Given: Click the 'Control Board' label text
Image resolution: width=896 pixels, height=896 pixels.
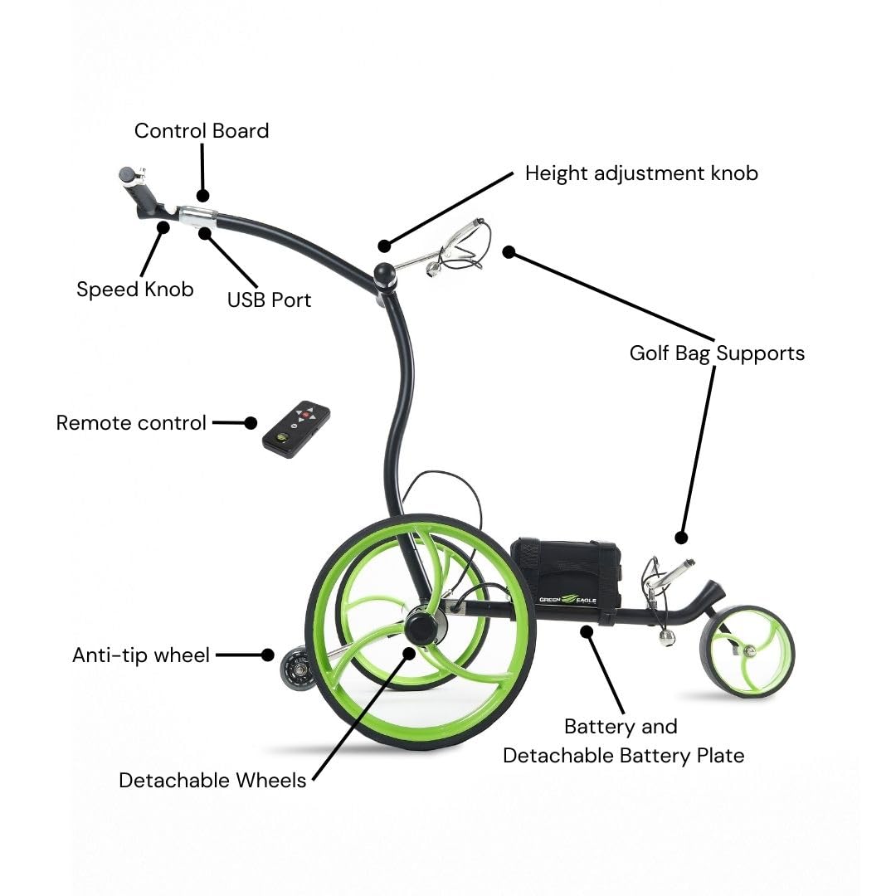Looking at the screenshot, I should pos(202,131).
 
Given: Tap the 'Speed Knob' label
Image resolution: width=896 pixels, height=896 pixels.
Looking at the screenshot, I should pos(134,290).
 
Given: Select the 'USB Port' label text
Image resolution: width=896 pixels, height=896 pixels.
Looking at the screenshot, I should pos(269,299).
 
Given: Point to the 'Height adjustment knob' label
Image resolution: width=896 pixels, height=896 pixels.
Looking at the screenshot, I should pos(641,173).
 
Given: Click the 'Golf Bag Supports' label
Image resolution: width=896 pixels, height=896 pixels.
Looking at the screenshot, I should pos(717,353).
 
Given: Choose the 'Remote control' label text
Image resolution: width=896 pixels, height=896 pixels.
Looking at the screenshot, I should pos(131,423).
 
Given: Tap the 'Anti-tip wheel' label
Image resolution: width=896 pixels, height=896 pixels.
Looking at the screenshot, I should pos(141,655).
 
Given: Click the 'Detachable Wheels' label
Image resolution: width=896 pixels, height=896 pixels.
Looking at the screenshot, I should pos(212,781).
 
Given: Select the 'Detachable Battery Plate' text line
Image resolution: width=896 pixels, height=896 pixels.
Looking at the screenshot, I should pos(623,756).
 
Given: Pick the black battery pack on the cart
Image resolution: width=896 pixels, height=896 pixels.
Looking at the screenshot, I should pos(565,577).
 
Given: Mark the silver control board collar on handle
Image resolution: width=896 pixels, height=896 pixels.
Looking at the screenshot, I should pos(197,217).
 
